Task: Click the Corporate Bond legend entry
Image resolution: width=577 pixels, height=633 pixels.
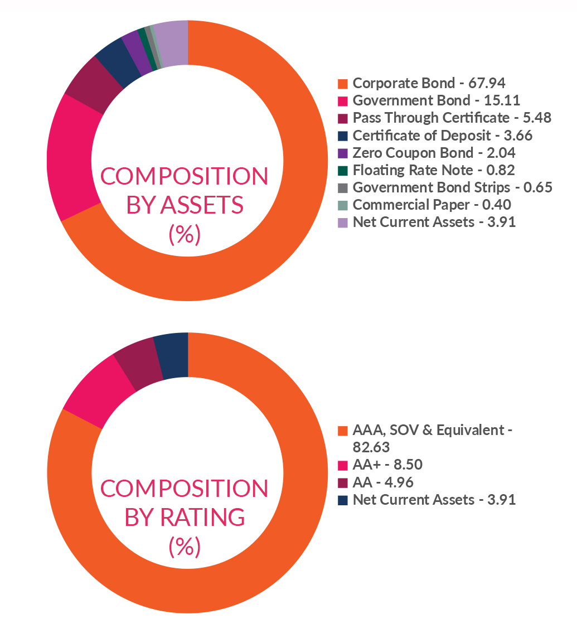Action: [429, 84]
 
